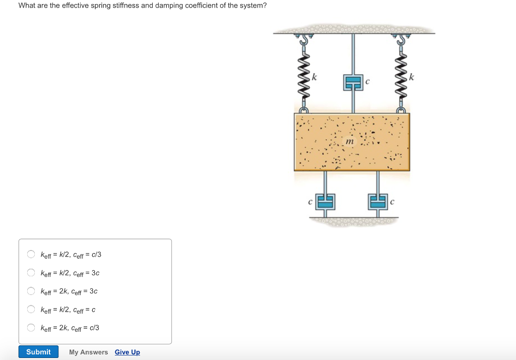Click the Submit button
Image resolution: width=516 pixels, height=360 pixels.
[38, 352]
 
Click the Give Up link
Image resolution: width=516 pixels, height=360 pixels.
[127, 352]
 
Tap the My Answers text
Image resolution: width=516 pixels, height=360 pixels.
[88, 352]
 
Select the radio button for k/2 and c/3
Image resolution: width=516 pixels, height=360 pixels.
[31, 254]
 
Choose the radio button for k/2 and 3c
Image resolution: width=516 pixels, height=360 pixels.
[31, 273]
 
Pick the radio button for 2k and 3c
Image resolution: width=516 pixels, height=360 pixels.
[31, 291]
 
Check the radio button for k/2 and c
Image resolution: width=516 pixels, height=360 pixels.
[31, 309]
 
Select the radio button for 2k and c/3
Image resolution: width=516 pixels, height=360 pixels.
[31, 328]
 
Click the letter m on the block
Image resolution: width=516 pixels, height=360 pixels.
[350, 142]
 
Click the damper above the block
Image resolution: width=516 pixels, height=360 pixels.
[353, 82]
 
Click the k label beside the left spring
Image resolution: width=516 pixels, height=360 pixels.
[314, 78]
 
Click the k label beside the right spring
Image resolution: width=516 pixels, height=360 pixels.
[412, 78]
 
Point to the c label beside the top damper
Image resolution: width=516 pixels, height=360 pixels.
[367, 81]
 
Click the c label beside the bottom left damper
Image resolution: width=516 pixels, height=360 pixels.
[311, 202]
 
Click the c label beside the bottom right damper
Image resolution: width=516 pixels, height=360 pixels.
[392, 202]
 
